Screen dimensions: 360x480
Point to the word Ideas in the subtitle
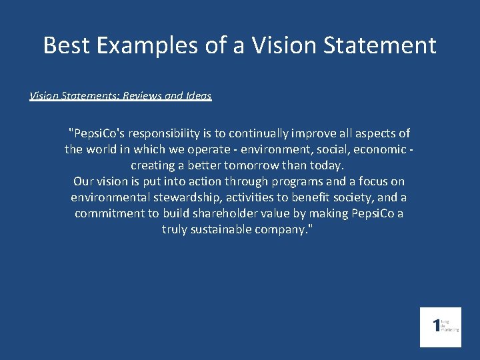pyautogui.click(x=197, y=96)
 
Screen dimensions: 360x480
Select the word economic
pyautogui.click(x=379, y=149)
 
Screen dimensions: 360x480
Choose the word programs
pyautogui.click(x=295, y=181)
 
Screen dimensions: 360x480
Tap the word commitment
pyautogui.click(x=107, y=213)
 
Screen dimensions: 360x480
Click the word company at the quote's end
pyautogui.click(x=290, y=229)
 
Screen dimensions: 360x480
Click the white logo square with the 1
pyautogui.click(x=440, y=327)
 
